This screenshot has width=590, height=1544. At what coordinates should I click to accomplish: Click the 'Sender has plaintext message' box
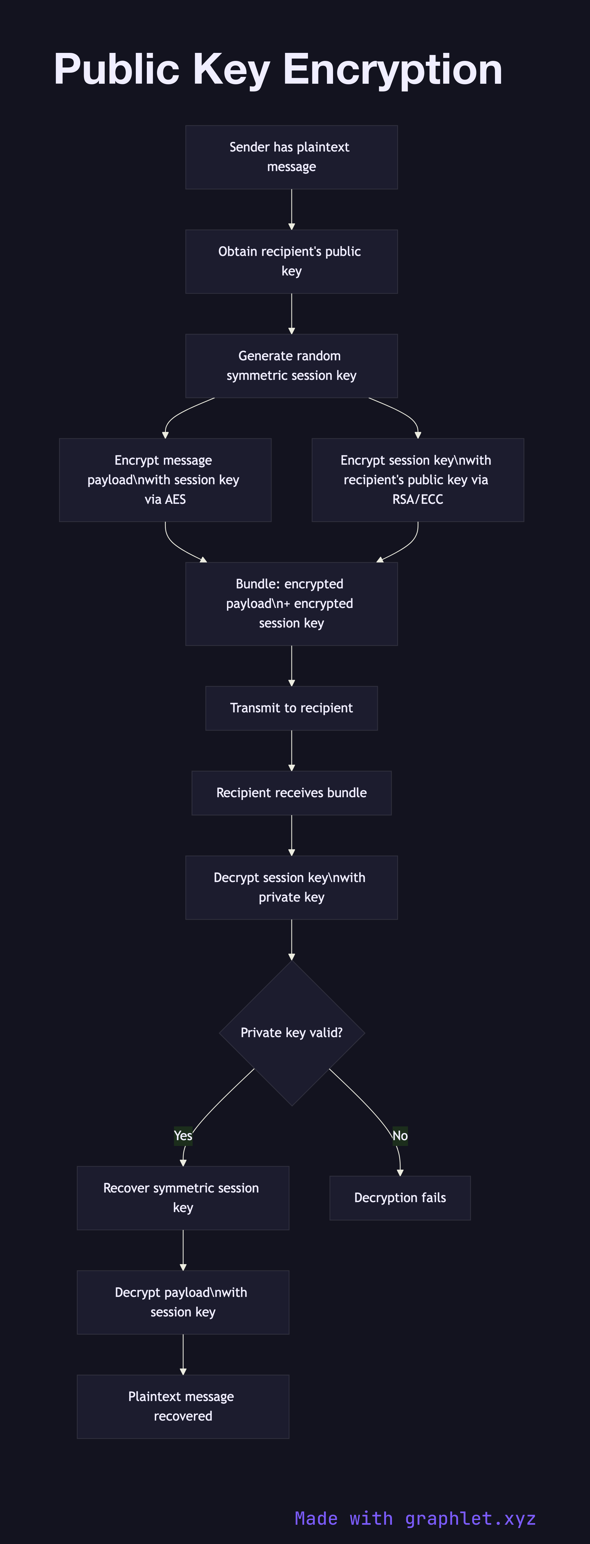click(x=291, y=157)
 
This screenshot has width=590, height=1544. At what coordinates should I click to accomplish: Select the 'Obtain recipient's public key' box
click(x=291, y=261)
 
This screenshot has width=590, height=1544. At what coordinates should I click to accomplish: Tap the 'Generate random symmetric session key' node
click(x=291, y=366)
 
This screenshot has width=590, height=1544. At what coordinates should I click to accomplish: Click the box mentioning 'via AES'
click(x=165, y=480)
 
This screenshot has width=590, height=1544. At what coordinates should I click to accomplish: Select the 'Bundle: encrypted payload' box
click(x=291, y=604)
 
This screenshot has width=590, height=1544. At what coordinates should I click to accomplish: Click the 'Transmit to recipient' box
click(x=291, y=708)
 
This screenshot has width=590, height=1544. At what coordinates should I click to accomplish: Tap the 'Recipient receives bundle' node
click(x=291, y=792)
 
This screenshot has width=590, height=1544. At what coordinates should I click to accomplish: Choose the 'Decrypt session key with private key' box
click(x=291, y=887)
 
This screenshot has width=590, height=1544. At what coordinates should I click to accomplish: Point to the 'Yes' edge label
click(x=183, y=1135)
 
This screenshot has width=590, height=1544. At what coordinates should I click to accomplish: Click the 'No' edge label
click(x=400, y=1135)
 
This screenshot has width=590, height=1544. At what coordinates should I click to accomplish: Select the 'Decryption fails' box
click(x=400, y=1197)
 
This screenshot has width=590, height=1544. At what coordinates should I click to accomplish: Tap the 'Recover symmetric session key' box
click(x=183, y=1197)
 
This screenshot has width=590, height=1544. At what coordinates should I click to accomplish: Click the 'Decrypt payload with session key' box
click(x=183, y=1302)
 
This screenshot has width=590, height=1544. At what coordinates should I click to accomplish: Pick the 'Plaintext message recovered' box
click(x=183, y=1406)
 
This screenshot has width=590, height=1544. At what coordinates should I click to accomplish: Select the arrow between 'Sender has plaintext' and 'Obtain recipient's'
click(x=291, y=209)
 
